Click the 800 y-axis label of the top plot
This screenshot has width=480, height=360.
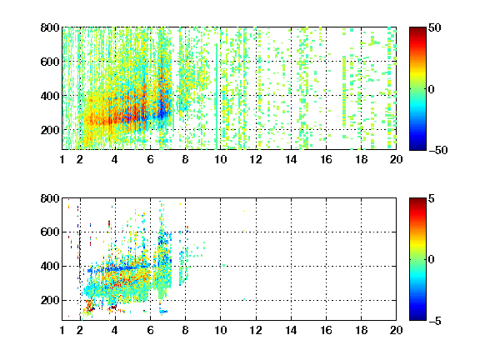click(x=50, y=27)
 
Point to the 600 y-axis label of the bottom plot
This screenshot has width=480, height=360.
click(x=50, y=232)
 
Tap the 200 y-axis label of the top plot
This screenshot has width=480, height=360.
click(x=50, y=130)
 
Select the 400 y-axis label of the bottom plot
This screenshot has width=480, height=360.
click(x=50, y=266)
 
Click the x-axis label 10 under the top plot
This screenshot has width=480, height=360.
click(x=220, y=159)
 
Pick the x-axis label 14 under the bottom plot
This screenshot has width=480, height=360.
click(x=291, y=330)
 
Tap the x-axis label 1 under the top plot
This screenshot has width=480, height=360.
click(x=62, y=159)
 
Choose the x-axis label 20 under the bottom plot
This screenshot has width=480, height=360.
click(x=396, y=330)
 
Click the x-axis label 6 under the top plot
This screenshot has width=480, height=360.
click(x=150, y=159)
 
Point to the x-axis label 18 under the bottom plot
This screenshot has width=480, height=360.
click(x=361, y=330)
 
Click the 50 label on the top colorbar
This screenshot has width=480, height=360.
click(x=435, y=27)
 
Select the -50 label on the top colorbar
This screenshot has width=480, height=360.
click(x=437, y=150)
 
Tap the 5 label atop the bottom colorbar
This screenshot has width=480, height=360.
click(x=432, y=198)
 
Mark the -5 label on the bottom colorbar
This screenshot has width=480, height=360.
click(x=435, y=321)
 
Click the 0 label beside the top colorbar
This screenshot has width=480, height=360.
click(x=432, y=89)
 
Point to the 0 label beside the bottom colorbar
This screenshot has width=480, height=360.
click(x=432, y=260)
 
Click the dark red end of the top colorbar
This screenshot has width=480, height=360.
click(x=417, y=29)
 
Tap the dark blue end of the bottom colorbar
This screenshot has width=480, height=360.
click(x=417, y=318)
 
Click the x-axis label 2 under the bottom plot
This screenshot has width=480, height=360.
click(x=80, y=330)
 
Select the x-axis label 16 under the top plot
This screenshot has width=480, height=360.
click(x=327, y=159)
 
